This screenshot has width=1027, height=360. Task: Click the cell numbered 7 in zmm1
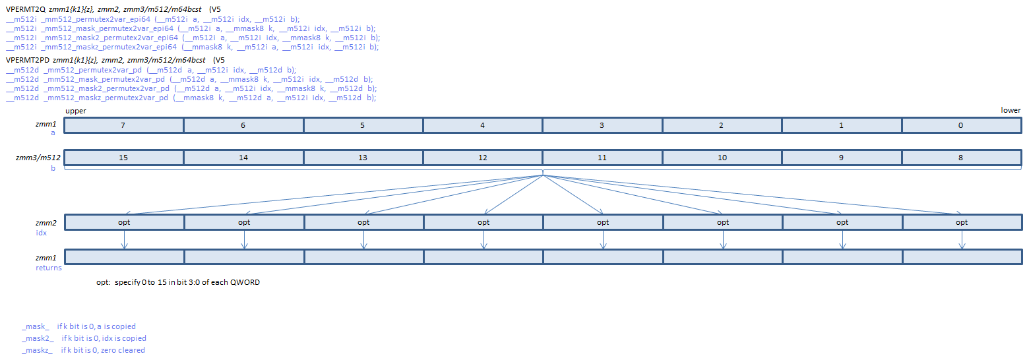click(124, 125)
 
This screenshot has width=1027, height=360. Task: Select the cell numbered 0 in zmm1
click(961, 125)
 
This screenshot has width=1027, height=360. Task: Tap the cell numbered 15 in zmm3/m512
click(124, 158)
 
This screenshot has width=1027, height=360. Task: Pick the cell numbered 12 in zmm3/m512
click(483, 158)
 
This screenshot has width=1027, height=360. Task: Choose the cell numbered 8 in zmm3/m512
click(961, 158)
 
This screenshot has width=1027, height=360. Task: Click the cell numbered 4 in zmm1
click(483, 125)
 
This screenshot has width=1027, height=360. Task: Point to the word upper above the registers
click(76, 111)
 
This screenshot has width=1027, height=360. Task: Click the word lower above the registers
click(1011, 111)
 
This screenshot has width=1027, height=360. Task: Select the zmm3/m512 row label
click(39, 158)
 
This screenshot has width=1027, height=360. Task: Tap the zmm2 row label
click(46, 223)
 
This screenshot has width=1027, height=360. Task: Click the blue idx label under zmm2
click(42, 233)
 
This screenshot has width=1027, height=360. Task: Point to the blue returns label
click(48, 268)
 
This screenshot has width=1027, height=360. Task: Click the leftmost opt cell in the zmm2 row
click(124, 223)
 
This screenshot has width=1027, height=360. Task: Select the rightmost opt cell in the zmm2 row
click(962, 223)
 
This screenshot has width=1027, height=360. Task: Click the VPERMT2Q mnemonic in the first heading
click(26, 9)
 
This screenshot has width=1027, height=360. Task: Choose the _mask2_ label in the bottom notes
click(36, 338)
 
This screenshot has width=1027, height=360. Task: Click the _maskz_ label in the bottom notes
click(36, 350)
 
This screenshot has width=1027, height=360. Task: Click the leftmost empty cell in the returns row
click(124, 256)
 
